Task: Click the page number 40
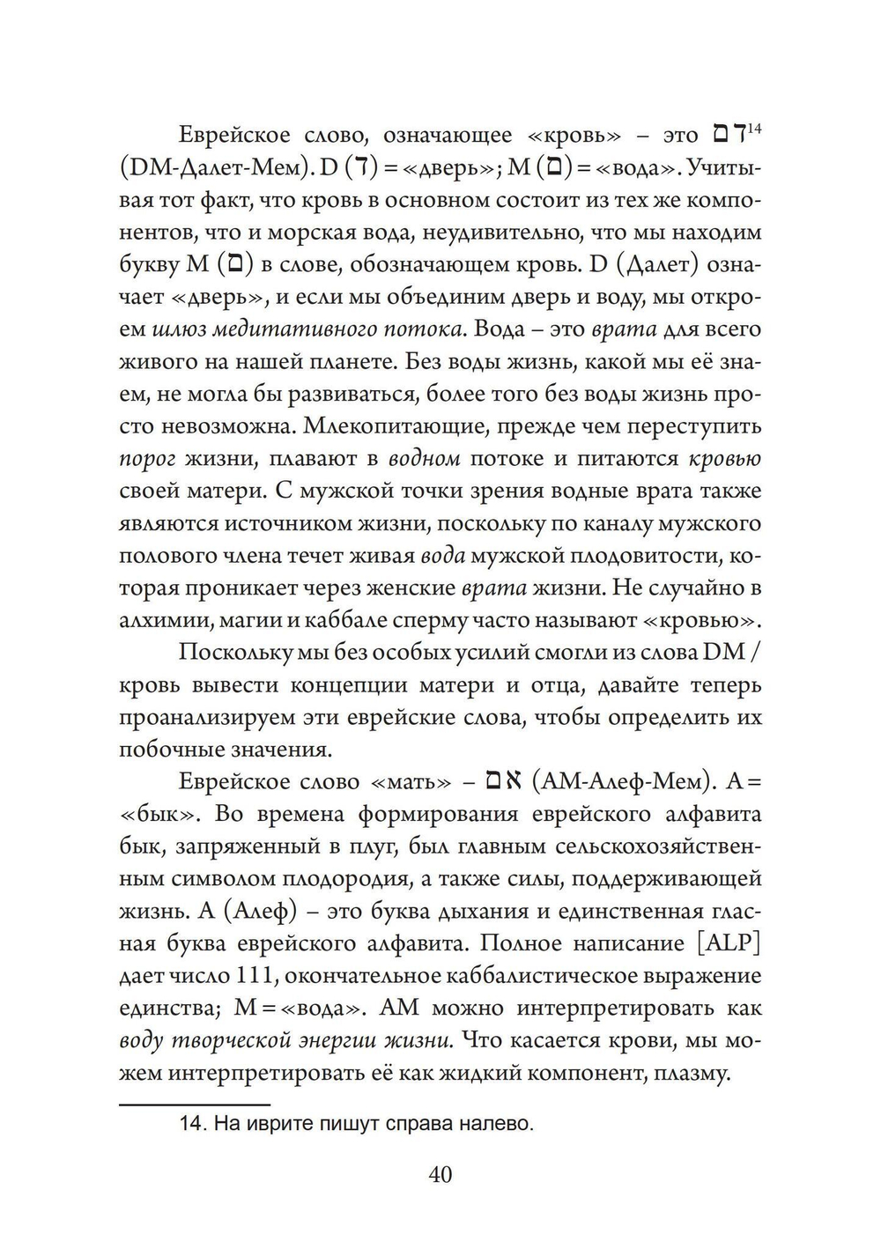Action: [440, 1174]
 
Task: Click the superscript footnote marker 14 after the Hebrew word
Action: [754, 129]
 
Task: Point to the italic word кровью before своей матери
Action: [724, 460]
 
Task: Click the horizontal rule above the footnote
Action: [194, 1104]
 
